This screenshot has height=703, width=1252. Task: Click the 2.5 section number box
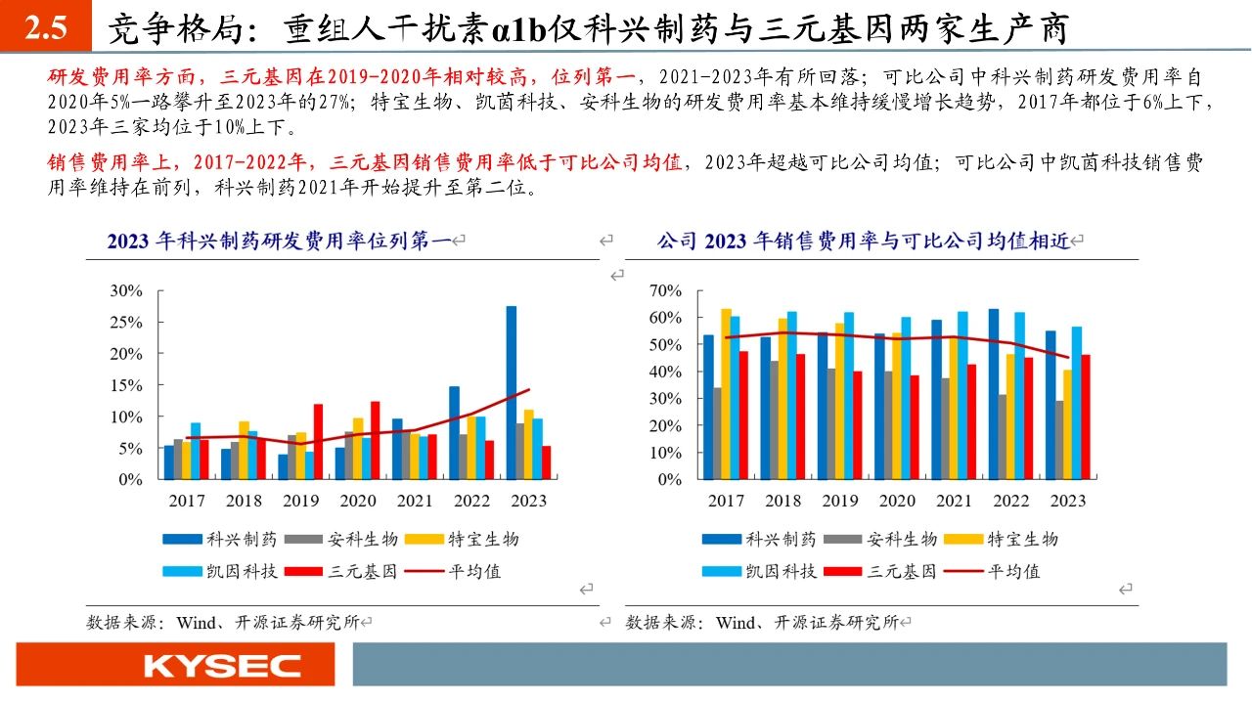point(45,27)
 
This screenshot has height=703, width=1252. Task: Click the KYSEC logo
point(223,667)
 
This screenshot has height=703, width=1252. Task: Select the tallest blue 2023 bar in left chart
point(511,392)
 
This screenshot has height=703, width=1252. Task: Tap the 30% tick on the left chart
point(127,290)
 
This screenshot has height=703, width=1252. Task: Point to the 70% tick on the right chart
point(664,290)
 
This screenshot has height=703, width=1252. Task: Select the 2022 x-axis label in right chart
point(1010,501)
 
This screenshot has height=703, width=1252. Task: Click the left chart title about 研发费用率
point(280,241)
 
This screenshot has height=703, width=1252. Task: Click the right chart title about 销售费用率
point(865,241)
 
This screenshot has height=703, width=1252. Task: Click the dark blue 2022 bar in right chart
point(994,394)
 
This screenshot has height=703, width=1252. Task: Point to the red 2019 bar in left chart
point(317,441)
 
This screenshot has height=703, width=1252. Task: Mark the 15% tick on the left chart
point(127,385)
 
